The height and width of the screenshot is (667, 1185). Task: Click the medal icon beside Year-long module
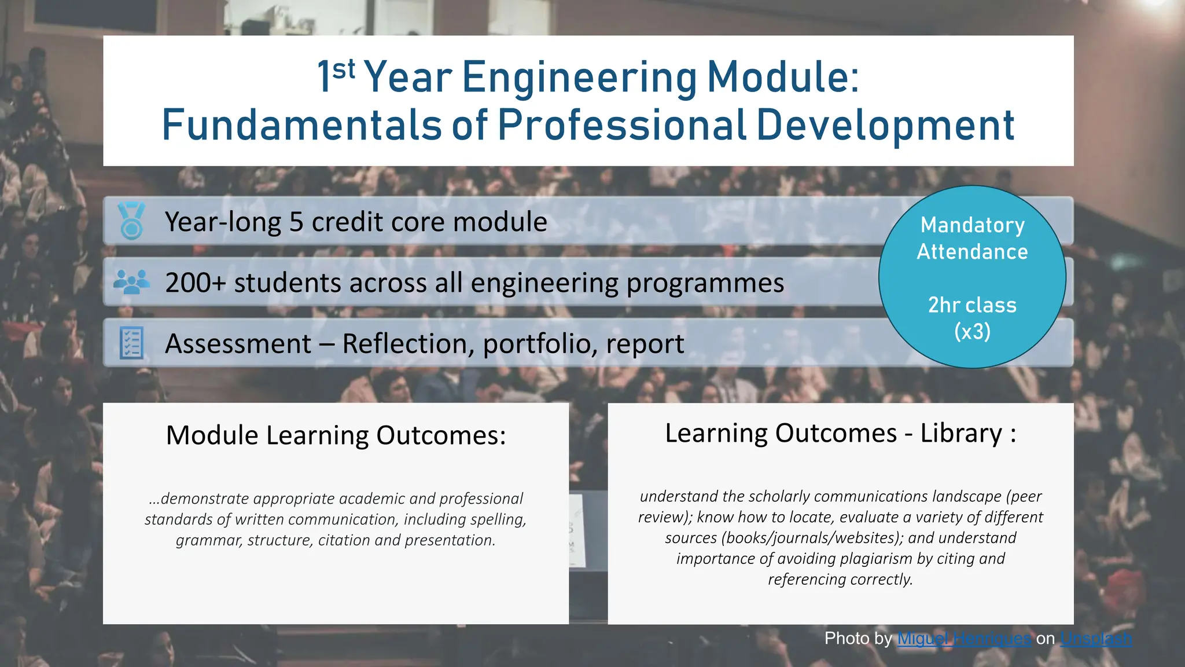(x=131, y=221)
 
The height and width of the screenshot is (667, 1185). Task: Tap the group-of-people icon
(x=131, y=282)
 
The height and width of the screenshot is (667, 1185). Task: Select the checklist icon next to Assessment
(x=131, y=343)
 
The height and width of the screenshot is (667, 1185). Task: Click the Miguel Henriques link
(x=964, y=639)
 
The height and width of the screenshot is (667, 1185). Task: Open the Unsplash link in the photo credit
(x=1096, y=639)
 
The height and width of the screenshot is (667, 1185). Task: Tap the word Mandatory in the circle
(x=972, y=225)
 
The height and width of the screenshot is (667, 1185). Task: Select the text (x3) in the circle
(x=972, y=332)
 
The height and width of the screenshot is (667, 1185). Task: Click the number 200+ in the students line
(x=195, y=283)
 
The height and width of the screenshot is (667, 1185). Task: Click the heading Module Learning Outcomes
(x=336, y=435)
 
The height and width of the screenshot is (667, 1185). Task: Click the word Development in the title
(x=885, y=125)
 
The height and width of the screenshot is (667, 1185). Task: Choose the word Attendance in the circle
(x=972, y=252)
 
